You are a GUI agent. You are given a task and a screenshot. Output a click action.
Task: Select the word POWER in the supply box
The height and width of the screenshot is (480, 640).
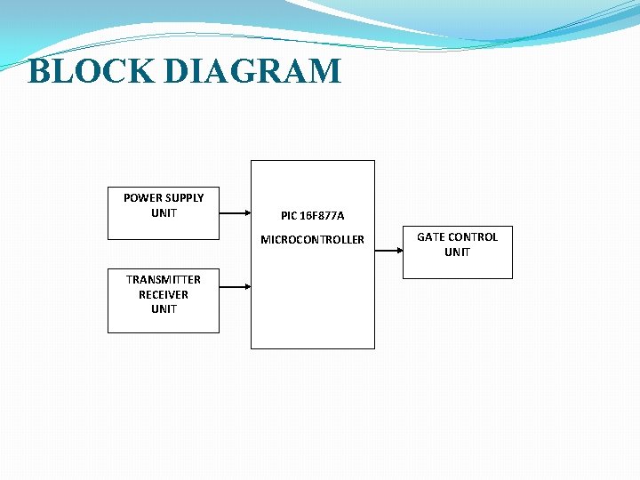pyautogui.click(x=142, y=197)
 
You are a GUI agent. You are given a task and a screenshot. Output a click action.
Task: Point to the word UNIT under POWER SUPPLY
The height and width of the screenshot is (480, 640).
pyautogui.click(x=164, y=213)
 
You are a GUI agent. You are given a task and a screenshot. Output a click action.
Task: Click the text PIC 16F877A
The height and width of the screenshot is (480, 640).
pyautogui.click(x=312, y=216)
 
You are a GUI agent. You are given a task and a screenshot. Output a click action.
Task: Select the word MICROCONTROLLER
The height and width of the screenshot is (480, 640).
pyautogui.click(x=312, y=240)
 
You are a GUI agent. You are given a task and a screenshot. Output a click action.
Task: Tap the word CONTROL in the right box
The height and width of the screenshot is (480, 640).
pyautogui.click(x=473, y=237)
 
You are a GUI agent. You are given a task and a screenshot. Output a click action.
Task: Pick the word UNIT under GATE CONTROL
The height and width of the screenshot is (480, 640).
pyautogui.click(x=457, y=252)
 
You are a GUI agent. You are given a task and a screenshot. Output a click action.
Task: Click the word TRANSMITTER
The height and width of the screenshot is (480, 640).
pyautogui.click(x=164, y=279)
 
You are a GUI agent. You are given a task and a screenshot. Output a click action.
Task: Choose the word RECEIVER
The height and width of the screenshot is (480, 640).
pyautogui.click(x=164, y=294)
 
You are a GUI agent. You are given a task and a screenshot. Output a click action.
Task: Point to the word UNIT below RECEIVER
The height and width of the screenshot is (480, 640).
pyautogui.click(x=164, y=309)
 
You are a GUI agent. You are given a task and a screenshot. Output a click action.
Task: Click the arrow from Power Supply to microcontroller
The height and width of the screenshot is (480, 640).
pyautogui.click(x=235, y=213)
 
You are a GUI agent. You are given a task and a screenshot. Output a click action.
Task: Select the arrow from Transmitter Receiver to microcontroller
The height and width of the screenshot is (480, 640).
pyautogui.click(x=235, y=286)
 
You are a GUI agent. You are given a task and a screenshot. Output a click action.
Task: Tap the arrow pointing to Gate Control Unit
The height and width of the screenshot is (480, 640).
pyautogui.click(x=388, y=251)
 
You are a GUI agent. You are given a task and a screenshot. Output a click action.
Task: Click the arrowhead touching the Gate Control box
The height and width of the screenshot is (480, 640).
pyautogui.click(x=399, y=251)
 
